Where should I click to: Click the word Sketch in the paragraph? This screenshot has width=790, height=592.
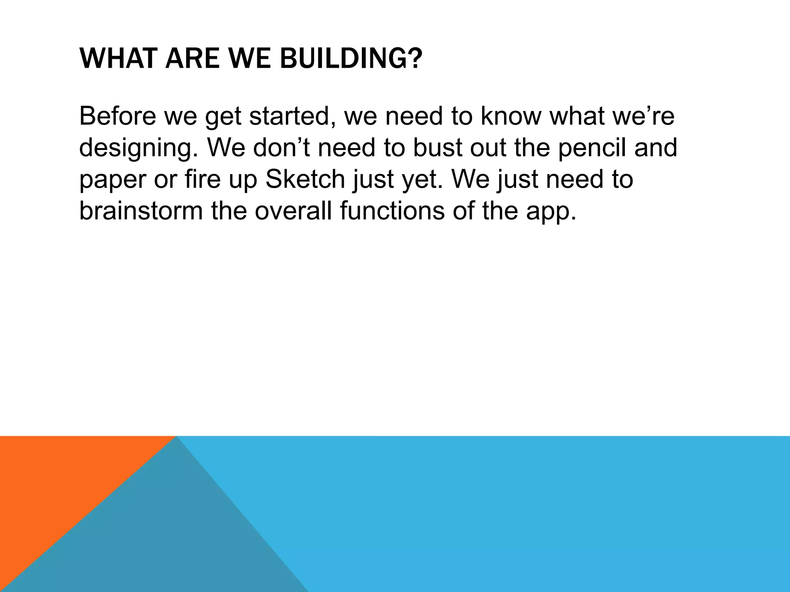tap(305, 179)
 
